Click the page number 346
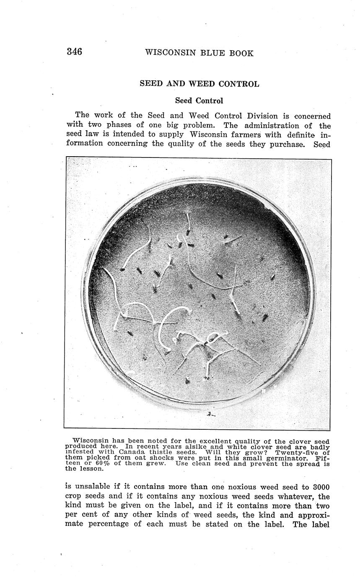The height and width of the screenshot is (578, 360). click(74, 52)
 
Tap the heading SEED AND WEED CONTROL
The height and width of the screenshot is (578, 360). click(199, 84)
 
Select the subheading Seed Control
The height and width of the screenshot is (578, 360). click(199, 101)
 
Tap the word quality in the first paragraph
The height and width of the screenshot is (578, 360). click(182, 144)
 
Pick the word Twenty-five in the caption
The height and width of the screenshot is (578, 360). click(296, 452)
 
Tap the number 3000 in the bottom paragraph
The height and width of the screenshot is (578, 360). click(321, 487)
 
